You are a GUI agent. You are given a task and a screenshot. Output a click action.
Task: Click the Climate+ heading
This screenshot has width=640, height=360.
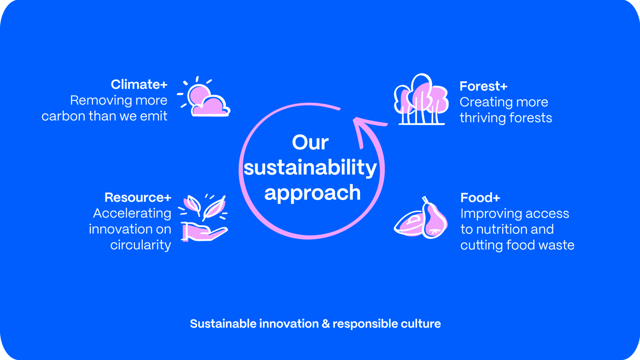[139, 85]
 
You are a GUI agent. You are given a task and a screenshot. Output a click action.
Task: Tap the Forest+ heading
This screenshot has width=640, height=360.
[483, 86]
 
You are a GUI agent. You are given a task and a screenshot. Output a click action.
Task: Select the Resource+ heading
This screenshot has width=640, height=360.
[138, 197]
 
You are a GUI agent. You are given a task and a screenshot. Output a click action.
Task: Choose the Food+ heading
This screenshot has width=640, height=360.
[480, 198]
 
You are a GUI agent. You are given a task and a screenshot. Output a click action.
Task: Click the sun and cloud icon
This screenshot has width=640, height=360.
[204, 97]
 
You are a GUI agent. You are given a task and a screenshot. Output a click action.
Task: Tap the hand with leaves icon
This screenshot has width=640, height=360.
[203, 218]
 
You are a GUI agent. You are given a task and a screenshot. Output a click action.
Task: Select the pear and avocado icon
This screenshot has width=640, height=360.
[420, 218]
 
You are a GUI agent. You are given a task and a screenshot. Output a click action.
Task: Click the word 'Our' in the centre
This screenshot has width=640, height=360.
[310, 142]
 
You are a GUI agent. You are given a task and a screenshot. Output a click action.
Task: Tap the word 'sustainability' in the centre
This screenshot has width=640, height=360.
[310, 168]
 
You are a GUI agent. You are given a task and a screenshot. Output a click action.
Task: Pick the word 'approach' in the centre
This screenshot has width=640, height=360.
[312, 193]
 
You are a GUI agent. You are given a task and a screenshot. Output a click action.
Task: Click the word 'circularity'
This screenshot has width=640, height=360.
[140, 245]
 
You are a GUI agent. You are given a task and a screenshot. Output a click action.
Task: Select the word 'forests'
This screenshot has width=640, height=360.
[530, 118]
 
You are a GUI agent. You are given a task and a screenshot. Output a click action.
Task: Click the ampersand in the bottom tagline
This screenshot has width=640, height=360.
[326, 324]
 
